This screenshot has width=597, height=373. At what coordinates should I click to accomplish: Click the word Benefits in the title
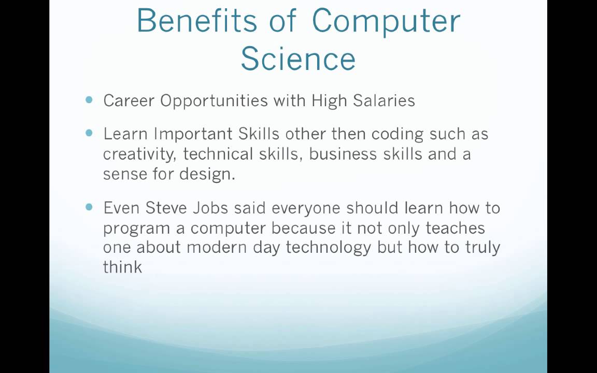tap(196, 21)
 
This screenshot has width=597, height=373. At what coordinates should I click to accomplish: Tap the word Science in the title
tap(298, 58)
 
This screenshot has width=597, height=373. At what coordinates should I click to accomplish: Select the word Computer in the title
tap(386, 21)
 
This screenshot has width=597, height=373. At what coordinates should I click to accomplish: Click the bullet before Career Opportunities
tap(90, 100)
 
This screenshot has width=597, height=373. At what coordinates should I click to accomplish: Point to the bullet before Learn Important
tap(90, 133)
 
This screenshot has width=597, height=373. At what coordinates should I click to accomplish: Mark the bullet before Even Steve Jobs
tap(90, 207)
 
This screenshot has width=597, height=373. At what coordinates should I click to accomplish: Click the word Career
tap(129, 101)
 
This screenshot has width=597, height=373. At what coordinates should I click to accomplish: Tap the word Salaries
tap(384, 101)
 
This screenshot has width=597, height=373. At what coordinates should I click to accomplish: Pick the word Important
tap(193, 135)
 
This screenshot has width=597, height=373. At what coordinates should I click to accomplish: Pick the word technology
tap(329, 248)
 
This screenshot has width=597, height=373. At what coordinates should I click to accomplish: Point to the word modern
tap(218, 247)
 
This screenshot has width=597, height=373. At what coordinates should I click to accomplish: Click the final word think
tap(122, 267)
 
